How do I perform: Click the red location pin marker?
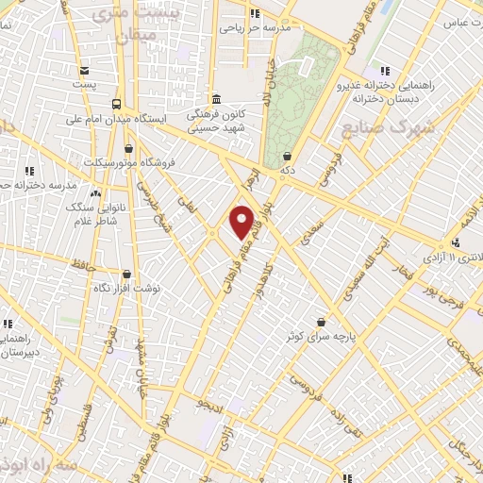click(242, 222)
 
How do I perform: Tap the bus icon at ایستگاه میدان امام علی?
click(116, 105)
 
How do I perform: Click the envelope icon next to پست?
click(85, 71)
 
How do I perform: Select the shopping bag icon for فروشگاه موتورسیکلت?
click(129, 148)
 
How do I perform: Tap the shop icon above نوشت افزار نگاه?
click(126, 274)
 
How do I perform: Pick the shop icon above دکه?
click(286, 157)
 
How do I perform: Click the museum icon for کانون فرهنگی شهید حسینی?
click(216, 99)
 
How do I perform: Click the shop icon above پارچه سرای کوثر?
click(322, 322)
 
